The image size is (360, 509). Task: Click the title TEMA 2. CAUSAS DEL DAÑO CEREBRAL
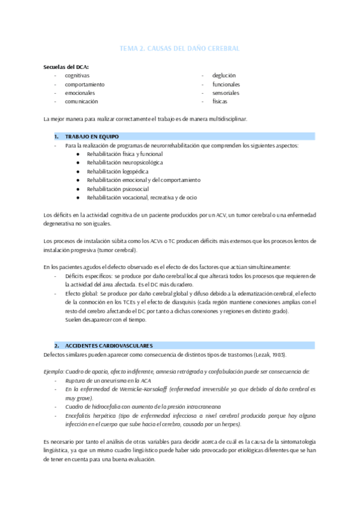pyautogui.click(x=179, y=47)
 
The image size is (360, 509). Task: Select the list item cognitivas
pyautogui.click(x=77, y=76)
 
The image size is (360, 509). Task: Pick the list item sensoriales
pyautogui.click(x=226, y=93)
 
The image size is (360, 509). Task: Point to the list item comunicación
pyautogui.click(x=82, y=102)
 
